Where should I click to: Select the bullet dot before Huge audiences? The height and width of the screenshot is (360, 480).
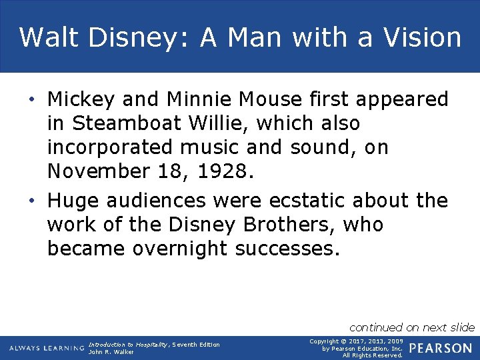click(x=32, y=201)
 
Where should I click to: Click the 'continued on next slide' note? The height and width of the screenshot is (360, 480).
click(x=412, y=327)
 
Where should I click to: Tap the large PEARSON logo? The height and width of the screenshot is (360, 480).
click(x=441, y=348)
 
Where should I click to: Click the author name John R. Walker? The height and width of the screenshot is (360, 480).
click(x=111, y=352)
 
